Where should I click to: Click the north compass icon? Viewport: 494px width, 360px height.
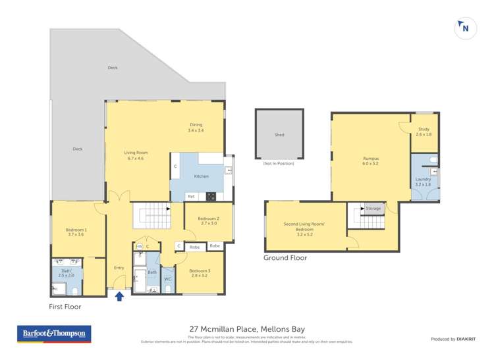466,28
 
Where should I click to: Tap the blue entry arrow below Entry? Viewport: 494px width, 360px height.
119,296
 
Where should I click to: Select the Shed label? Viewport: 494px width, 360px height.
279,135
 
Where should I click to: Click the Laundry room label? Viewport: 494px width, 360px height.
423,182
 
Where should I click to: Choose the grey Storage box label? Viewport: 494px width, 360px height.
373,209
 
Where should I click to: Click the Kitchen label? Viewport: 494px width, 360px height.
201,176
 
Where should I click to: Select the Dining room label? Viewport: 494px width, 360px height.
196,127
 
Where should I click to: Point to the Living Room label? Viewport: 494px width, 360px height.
136,155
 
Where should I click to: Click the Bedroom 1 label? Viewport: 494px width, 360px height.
76,232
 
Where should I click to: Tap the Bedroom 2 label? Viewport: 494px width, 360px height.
208,220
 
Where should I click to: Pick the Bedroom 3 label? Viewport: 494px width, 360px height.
199,274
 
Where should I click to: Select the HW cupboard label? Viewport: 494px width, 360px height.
139,246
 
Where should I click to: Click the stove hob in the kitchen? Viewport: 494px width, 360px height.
211,195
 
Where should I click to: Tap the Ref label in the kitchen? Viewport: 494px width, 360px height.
191,196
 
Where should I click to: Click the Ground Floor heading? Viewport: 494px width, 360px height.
285,258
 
